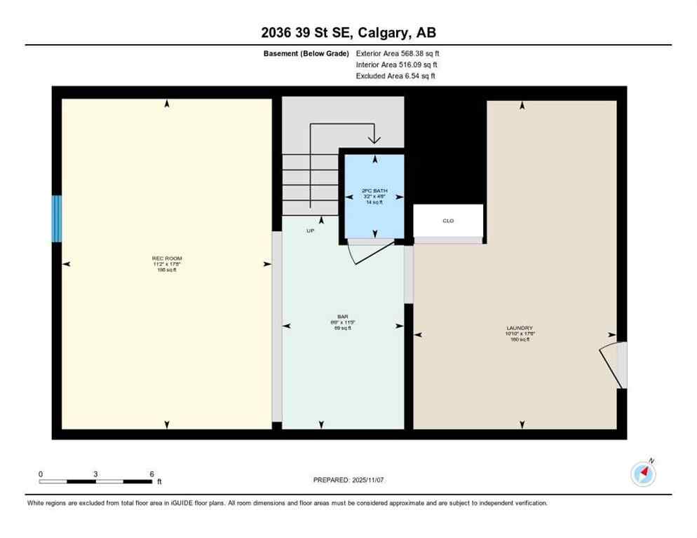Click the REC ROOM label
[167, 258]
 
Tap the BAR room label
[343, 322]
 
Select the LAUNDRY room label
[520, 328]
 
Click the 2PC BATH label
[374, 191]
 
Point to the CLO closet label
[448, 221]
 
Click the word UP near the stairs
[310, 230]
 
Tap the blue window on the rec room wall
[57, 219]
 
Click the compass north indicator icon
[643, 474]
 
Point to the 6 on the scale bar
[151, 474]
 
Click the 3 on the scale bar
[95, 474]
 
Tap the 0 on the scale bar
[41, 474]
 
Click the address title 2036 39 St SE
[348, 33]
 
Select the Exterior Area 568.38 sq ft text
[398, 53]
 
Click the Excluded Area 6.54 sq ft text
[395, 76]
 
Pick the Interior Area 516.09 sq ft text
[397, 64]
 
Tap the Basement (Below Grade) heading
[306, 53]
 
